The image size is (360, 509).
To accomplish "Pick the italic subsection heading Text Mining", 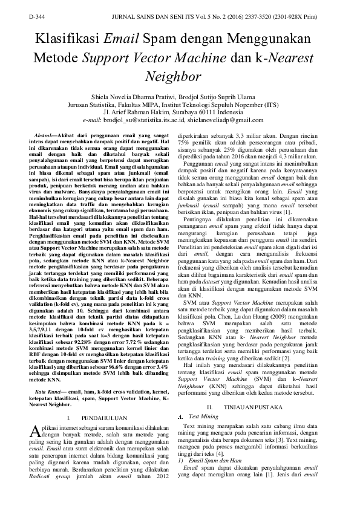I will tap(203, 417).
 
